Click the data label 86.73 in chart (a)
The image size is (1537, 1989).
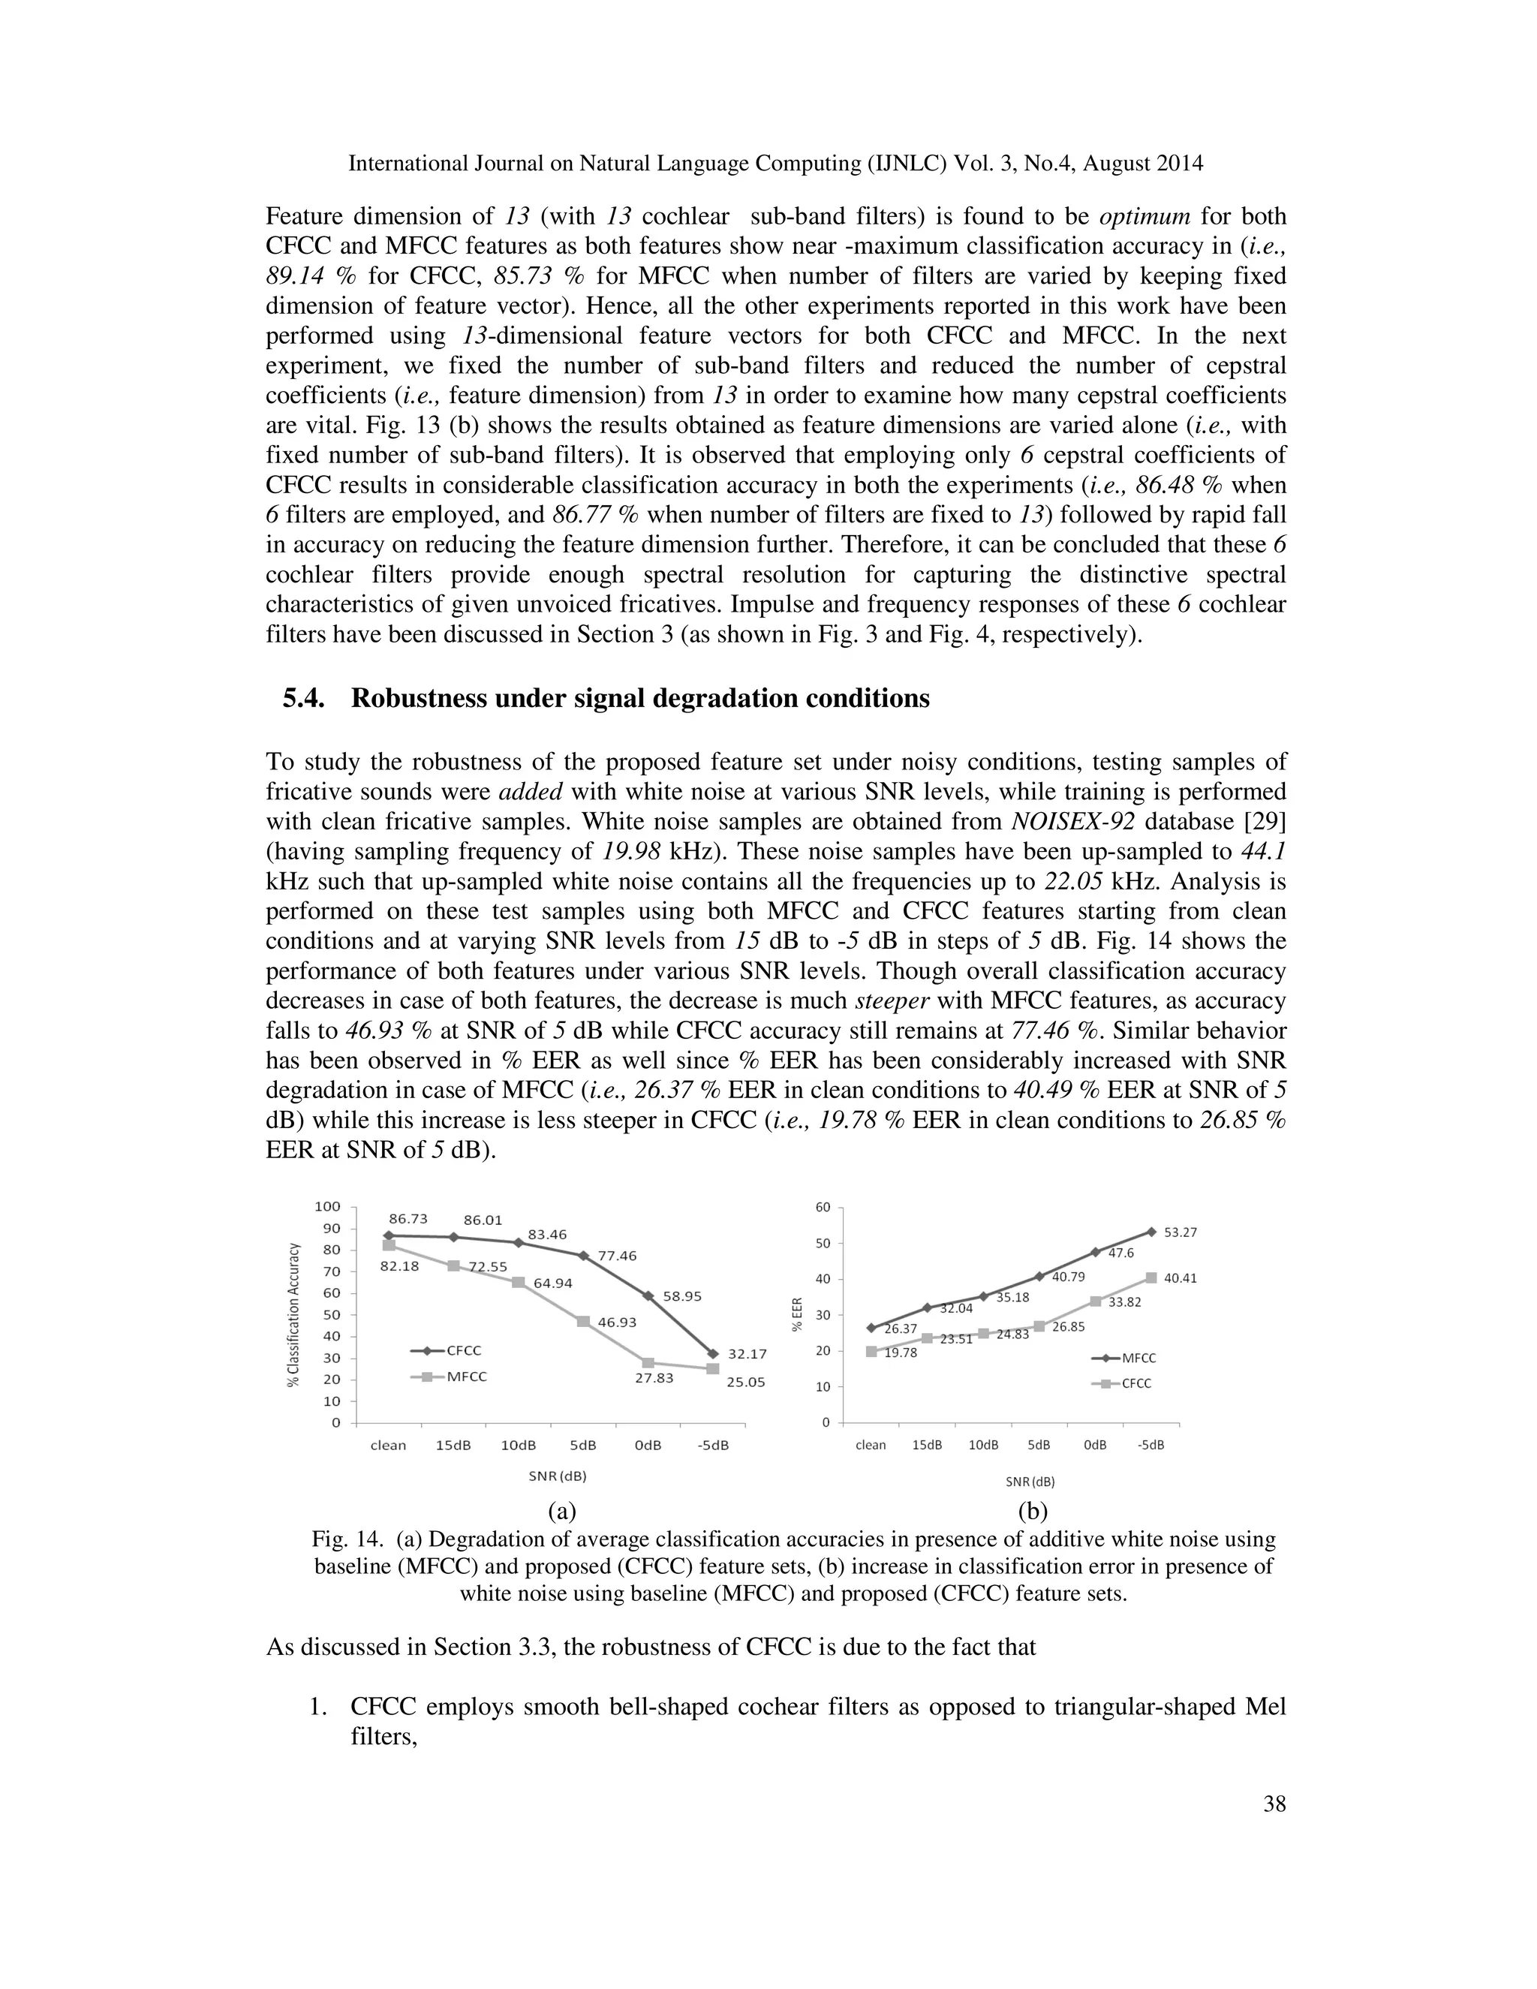tap(408, 1218)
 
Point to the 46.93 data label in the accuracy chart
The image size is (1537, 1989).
tap(618, 1322)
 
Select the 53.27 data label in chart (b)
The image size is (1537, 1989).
tap(1180, 1232)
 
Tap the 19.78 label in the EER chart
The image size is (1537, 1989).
tap(901, 1353)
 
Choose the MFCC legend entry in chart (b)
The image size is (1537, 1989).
tap(1138, 1358)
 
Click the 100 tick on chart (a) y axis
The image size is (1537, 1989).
tap(328, 1207)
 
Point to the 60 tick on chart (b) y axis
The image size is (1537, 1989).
tap(823, 1208)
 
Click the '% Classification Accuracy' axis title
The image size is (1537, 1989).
tap(293, 1314)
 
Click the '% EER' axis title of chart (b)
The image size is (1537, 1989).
tap(798, 1314)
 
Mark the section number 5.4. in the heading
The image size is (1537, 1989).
tap(304, 699)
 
